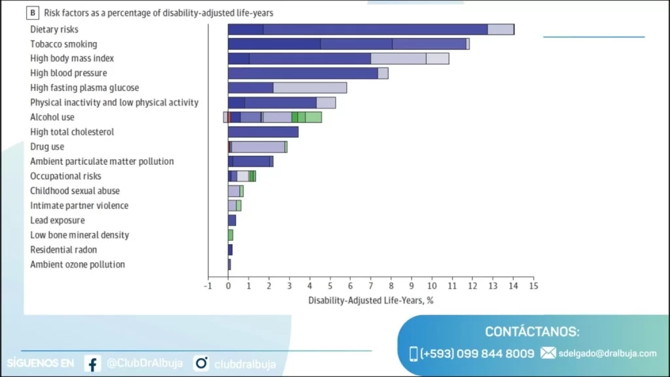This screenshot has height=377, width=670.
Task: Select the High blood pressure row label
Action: (69, 73)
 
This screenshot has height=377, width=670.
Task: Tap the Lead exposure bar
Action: (232, 221)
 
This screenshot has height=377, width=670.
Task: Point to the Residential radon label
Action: (63, 250)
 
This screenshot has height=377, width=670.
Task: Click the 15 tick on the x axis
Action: (533, 286)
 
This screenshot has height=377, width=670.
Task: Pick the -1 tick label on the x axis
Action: (208, 286)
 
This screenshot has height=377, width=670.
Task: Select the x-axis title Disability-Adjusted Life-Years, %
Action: (371, 300)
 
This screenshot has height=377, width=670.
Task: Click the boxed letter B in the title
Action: (33, 12)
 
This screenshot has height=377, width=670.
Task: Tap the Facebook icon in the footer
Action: (92, 364)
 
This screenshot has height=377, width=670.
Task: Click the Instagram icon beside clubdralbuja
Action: (201, 363)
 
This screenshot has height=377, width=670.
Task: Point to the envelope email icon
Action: (548, 353)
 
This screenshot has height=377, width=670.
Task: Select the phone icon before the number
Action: (414, 353)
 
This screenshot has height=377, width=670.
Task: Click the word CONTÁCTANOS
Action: (532, 332)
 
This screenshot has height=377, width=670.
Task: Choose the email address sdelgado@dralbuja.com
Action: (608, 353)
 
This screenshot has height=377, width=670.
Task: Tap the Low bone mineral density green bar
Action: (230, 235)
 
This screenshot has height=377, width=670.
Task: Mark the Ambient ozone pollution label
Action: (77, 264)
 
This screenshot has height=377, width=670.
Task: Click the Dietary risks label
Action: (54, 29)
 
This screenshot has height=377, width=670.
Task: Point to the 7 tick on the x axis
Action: (371, 286)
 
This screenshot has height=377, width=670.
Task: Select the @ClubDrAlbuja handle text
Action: (145, 364)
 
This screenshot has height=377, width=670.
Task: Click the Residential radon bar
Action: (230, 250)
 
